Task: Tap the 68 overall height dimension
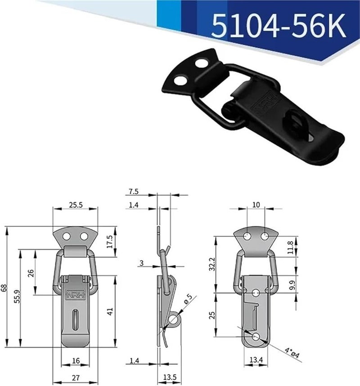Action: pyautogui.click(x=4, y=288)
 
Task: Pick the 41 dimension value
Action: pyautogui.click(x=110, y=310)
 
